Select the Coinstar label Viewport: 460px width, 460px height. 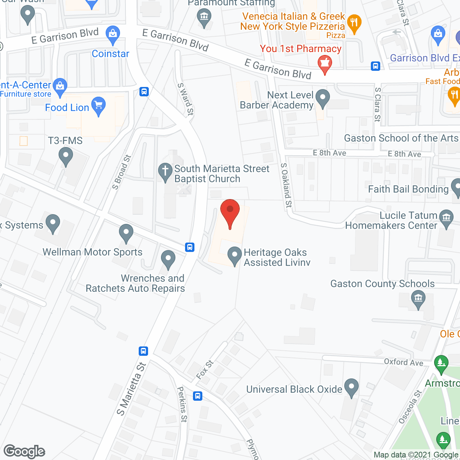(110, 54)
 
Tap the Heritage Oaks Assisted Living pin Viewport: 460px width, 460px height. (235, 256)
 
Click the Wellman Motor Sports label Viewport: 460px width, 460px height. (93, 252)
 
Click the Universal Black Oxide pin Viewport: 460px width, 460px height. (351, 387)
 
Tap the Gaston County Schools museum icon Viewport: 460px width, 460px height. (418, 299)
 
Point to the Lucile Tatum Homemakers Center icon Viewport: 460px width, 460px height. (446, 218)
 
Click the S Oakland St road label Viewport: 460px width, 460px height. (286, 185)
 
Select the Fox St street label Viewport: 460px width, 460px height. (205, 369)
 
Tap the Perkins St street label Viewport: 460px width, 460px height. (182, 404)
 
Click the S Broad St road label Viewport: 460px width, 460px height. (121, 172)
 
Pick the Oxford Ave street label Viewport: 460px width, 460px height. (404, 362)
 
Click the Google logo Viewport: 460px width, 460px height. (24, 451)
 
